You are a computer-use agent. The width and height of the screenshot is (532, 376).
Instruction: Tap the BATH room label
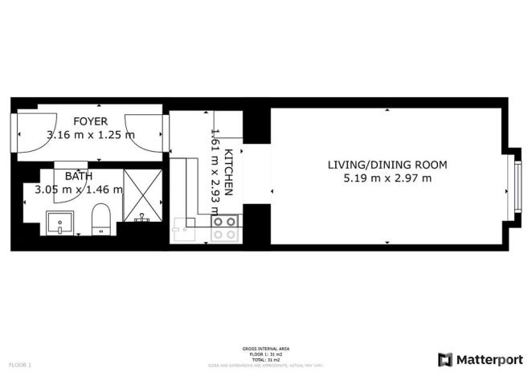[x=79, y=176]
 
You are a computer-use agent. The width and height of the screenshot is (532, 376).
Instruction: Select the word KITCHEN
[x=228, y=172]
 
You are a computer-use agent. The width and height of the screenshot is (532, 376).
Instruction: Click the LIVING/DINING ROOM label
[x=387, y=165]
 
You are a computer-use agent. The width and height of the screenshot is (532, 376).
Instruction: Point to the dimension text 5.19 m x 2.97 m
[x=387, y=178]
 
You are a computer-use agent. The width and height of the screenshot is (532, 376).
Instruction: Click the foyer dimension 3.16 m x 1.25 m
[x=90, y=135]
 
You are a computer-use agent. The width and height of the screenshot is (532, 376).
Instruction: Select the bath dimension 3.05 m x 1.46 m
[x=78, y=190]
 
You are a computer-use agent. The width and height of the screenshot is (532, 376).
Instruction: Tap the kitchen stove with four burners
[x=224, y=228]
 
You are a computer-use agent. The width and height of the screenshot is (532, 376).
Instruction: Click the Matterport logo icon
[x=444, y=359]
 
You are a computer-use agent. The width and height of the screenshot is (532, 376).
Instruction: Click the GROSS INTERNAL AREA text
[x=265, y=349]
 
